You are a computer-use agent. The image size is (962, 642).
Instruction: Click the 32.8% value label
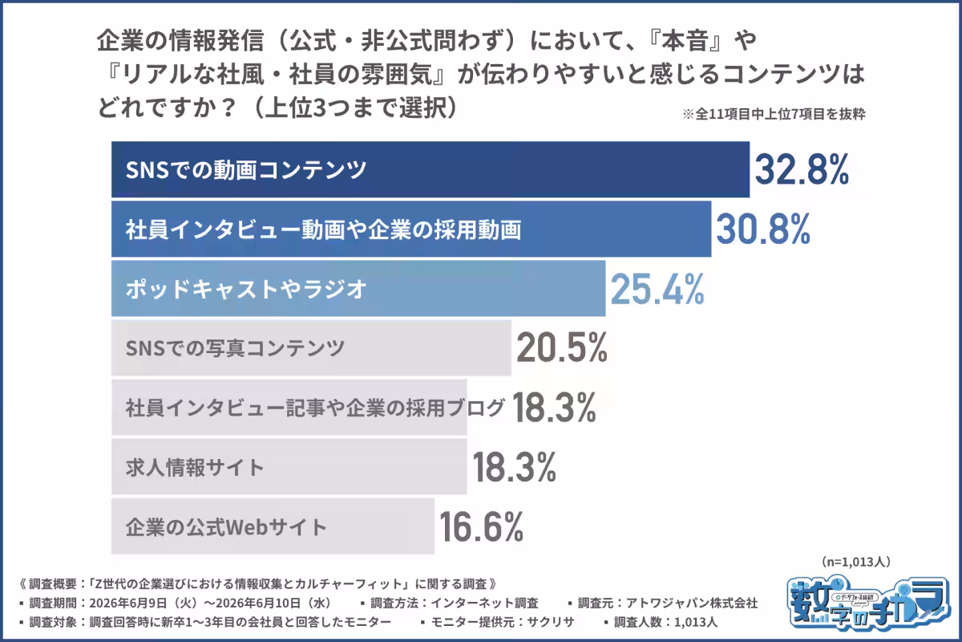[x=802, y=170]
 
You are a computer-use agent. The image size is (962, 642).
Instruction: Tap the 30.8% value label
[x=763, y=230]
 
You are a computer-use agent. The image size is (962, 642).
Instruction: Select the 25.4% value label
[x=657, y=289]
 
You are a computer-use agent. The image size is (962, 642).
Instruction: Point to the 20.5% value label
[x=562, y=347]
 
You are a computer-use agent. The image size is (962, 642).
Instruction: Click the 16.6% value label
[x=482, y=526]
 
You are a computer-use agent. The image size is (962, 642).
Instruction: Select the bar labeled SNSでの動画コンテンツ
[x=430, y=169]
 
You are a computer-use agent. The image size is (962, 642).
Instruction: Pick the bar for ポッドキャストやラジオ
[x=358, y=289]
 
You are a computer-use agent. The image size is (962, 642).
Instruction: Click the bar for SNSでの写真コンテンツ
[x=311, y=347]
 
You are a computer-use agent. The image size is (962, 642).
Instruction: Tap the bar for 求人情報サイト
[x=289, y=467]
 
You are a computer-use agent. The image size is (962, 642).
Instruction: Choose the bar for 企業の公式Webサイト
[x=273, y=526]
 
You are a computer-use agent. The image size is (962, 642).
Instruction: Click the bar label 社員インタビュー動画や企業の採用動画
[x=323, y=230]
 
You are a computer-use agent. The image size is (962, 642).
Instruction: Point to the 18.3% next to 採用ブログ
[x=554, y=407]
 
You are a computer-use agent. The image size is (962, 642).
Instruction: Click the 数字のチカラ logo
[x=868, y=603]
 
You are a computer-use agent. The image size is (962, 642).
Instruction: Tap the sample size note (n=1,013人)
[x=856, y=562]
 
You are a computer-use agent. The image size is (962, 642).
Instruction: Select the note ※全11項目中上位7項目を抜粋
[x=774, y=114]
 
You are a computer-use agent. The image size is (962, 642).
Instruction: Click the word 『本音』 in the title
[x=686, y=41]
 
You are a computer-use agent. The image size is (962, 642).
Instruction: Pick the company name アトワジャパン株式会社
[x=691, y=603]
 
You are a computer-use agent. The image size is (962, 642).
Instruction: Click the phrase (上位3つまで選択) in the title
[x=356, y=108]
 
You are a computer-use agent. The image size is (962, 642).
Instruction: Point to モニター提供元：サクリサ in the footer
[x=503, y=622]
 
